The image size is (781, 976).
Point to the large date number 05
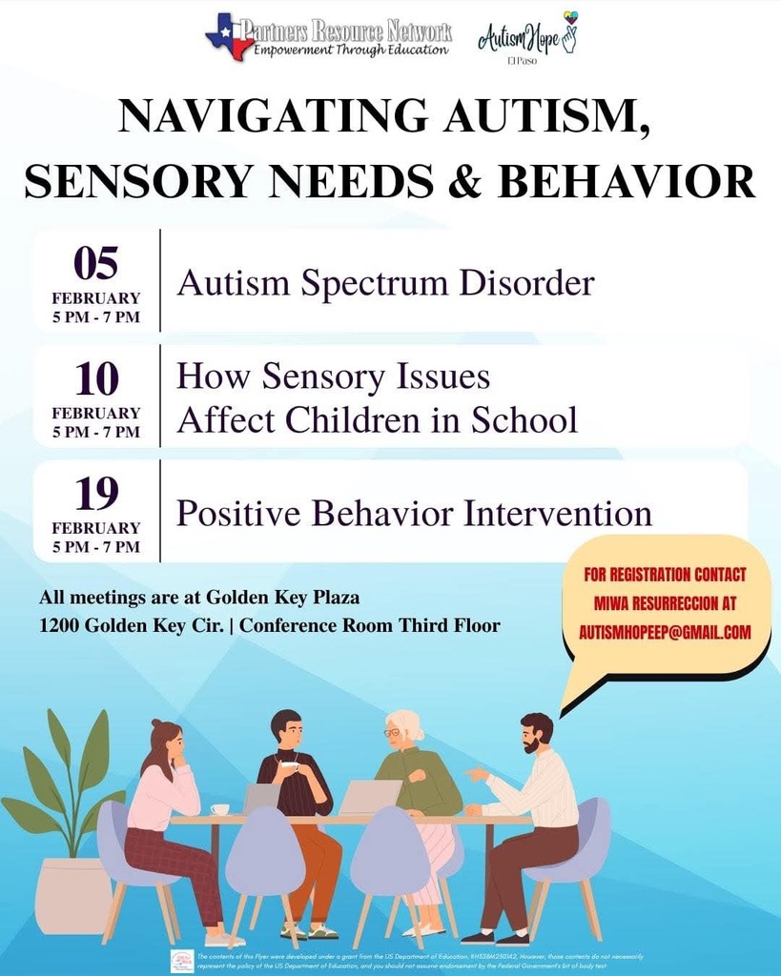95,263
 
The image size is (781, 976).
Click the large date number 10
95,379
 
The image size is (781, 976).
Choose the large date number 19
95,494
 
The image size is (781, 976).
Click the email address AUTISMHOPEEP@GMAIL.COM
665,632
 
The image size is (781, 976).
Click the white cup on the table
220,809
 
